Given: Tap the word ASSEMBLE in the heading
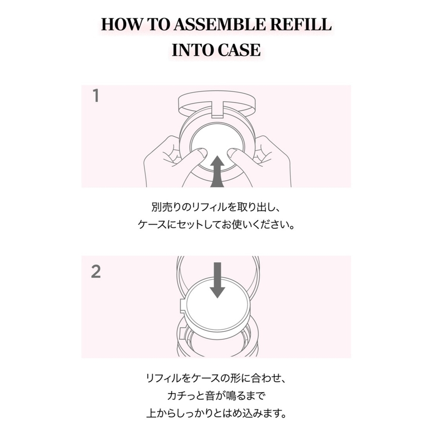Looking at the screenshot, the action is (220, 25).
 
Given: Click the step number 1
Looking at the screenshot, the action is (96, 96).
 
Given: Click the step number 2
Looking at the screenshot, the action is (96, 271).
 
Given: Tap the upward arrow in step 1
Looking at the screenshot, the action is (217, 171).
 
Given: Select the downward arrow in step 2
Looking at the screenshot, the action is (217, 280).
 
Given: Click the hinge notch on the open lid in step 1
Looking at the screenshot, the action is (217, 109).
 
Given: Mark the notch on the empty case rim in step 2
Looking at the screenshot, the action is (183, 333).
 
